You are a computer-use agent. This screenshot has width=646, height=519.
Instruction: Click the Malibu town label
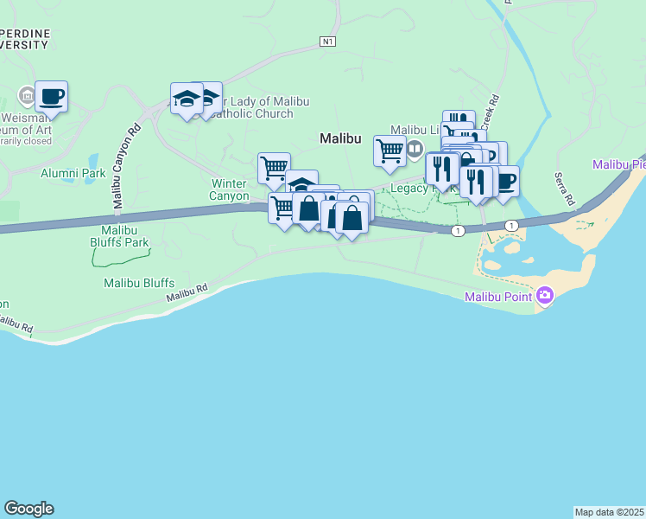click(x=339, y=138)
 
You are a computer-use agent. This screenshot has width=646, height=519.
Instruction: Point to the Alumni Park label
click(x=73, y=173)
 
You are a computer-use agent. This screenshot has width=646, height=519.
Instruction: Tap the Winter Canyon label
click(x=230, y=189)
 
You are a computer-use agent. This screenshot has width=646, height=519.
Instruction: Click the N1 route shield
click(x=326, y=41)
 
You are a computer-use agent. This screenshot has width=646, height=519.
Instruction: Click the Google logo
click(x=28, y=509)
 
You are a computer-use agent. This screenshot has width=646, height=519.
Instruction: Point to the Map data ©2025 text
click(x=609, y=511)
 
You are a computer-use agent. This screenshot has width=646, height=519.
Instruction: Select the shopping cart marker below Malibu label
click(x=389, y=151)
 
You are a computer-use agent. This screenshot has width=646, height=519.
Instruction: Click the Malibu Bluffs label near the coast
click(x=139, y=283)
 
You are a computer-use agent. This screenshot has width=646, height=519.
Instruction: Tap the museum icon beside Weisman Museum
click(x=26, y=95)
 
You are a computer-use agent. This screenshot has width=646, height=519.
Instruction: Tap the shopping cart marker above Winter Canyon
click(x=274, y=168)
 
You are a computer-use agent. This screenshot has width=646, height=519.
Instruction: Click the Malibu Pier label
click(x=619, y=164)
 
